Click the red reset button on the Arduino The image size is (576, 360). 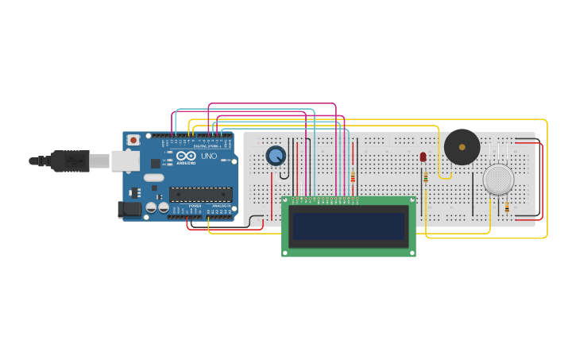pos(133,140)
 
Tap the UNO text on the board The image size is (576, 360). pos(209,157)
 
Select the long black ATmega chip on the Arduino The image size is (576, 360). pos(200,194)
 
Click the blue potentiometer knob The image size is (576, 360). pos(275,156)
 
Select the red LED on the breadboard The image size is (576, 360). pos(423,157)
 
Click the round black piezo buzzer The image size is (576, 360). pos(462,147)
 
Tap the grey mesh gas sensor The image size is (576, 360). pos(498,180)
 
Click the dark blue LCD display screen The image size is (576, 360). pos(348,226)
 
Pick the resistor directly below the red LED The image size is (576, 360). pos(425,176)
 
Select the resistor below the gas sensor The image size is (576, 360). pos(507,207)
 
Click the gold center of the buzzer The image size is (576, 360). pos(462,147)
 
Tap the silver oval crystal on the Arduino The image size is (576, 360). pos(154,177)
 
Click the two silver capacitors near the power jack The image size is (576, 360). pos(157,207)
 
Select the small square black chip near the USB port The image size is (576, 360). pos(155,163)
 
